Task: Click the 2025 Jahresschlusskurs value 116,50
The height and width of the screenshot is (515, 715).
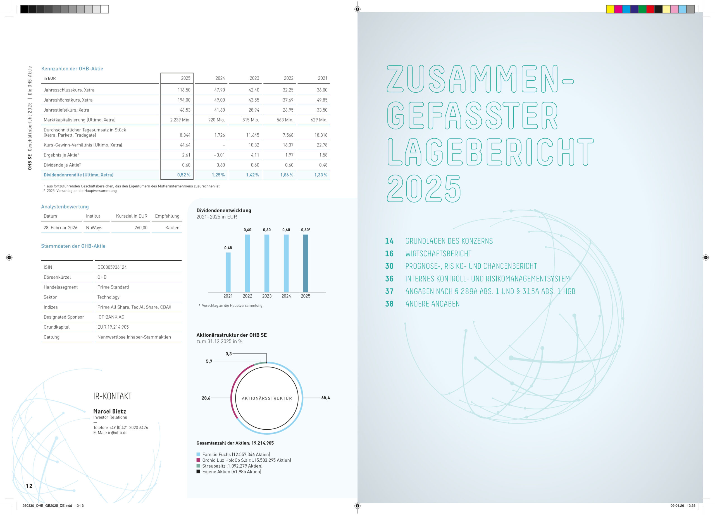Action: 184,90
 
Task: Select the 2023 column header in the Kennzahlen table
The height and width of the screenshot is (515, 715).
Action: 254,78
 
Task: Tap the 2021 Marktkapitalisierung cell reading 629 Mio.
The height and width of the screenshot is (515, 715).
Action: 319,120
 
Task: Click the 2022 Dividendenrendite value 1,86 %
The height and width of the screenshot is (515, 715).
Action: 287,175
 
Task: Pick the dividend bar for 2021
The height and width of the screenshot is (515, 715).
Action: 228,272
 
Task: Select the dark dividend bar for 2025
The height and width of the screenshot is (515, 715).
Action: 306,263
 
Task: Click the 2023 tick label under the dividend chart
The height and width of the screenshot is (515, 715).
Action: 267,296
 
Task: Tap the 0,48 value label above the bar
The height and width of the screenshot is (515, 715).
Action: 228,248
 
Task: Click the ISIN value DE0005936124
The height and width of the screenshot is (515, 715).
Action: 112,267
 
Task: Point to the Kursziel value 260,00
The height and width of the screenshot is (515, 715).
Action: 141,228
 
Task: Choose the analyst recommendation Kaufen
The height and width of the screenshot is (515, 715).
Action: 172,228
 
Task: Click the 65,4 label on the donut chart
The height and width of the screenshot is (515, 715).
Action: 325,398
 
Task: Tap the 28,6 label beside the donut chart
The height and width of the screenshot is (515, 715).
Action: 206,398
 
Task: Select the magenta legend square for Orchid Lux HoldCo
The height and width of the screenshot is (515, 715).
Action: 198,460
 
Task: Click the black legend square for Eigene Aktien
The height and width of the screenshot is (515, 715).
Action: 198,471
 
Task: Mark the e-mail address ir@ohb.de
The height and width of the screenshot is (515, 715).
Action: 118,433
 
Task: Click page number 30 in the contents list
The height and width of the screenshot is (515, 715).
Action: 389,266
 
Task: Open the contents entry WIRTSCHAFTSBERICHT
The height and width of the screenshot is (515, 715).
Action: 438,254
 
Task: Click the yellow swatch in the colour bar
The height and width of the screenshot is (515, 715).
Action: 610,9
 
